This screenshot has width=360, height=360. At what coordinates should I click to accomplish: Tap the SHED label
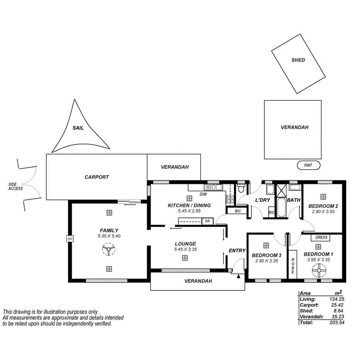click(x=298, y=60)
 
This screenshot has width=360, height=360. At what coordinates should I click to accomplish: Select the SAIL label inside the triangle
click(x=78, y=128)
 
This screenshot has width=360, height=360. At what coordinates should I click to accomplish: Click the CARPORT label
click(x=97, y=177)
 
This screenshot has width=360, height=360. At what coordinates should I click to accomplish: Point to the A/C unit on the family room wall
click(x=70, y=239)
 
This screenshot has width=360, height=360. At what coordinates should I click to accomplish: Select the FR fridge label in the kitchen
click(x=207, y=221)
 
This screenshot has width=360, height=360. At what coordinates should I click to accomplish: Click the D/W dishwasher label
click(x=203, y=194)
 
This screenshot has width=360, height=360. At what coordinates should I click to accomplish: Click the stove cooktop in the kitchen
click(x=230, y=199)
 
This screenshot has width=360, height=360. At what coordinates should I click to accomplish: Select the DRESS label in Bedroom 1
click(x=321, y=238)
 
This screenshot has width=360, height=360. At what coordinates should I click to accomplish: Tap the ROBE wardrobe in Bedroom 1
click(x=293, y=266)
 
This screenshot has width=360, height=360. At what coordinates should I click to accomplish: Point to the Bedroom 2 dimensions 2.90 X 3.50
click(x=323, y=212)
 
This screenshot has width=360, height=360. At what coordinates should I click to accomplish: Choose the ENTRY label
click(x=237, y=251)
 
